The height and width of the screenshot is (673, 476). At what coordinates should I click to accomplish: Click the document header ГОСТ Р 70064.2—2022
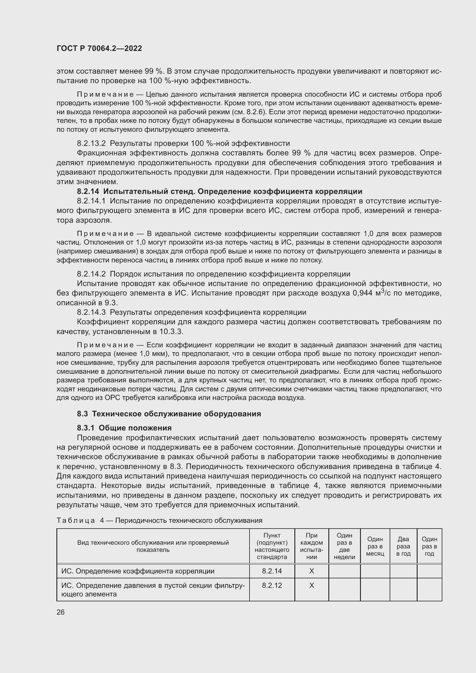[x=99, y=48]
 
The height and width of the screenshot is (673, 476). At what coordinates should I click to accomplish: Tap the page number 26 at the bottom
[x=60, y=612]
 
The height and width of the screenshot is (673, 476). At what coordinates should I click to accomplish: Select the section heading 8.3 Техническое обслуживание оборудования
[x=169, y=413]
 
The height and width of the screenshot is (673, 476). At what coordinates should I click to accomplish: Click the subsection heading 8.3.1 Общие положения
[x=124, y=428]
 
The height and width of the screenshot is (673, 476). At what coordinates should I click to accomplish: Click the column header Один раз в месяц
[x=375, y=546]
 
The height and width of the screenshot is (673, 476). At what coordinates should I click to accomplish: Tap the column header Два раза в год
[x=403, y=546]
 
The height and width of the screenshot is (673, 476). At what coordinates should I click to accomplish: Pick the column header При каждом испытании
[x=312, y=546]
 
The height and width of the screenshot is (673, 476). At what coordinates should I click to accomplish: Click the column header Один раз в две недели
[x=344, y=546]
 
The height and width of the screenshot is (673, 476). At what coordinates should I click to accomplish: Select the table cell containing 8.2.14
[x=272, y=571]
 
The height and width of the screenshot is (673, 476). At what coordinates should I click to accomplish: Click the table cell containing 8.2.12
[x=272, y=585]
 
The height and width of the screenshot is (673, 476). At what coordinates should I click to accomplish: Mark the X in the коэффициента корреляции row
[x=312, y=571]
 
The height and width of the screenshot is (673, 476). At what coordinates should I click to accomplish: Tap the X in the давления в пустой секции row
[x=312, y=585]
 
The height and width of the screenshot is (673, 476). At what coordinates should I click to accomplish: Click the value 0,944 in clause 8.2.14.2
[x=363, y=293]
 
